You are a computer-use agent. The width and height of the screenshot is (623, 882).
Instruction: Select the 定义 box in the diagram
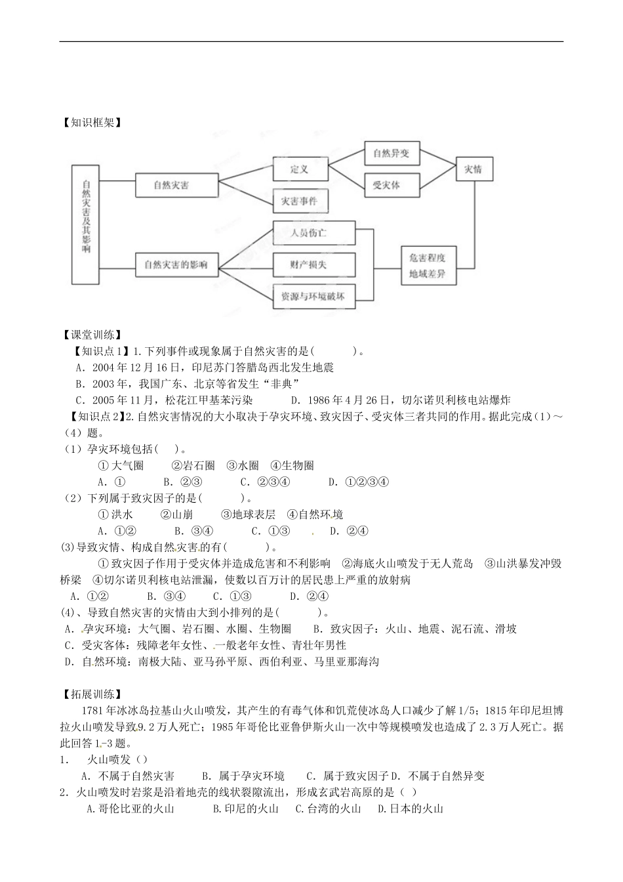300,169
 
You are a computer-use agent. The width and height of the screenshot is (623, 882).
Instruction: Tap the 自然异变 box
391,154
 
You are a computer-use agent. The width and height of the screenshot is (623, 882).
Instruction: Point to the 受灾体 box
386,185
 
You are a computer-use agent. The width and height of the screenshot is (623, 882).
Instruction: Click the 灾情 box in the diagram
473,169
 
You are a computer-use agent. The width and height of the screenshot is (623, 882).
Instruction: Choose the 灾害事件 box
299,201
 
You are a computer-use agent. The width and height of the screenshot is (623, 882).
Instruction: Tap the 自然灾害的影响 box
176,264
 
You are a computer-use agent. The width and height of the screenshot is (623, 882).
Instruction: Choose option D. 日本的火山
411,808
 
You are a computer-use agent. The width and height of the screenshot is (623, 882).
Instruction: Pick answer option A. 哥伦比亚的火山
131,808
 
